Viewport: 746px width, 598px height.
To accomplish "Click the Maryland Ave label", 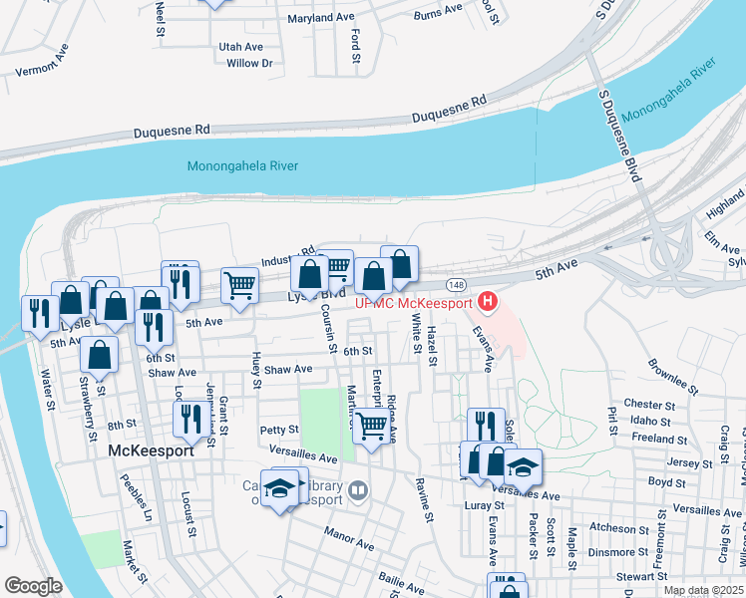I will [x=321, y=18].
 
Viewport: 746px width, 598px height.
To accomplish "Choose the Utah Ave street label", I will [x=240, y=47].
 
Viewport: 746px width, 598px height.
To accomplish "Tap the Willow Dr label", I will [x=249, y=64].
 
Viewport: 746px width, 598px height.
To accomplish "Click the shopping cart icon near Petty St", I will [x=372, y=426].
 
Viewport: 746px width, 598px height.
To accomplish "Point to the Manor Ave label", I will [x=348, y=538].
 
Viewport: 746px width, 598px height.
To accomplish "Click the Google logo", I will [x=32, y=586].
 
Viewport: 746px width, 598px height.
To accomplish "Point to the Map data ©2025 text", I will [x=701, y=590].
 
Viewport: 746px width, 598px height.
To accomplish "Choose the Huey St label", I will [x=257, y=370].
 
